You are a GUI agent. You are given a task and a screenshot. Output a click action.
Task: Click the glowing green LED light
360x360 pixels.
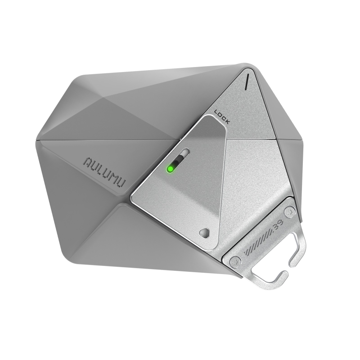click(171, 169)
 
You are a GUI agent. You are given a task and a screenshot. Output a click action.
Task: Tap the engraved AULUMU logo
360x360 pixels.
click(105, 172)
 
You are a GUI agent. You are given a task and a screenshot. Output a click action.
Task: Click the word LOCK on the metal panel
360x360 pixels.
click(221, 117)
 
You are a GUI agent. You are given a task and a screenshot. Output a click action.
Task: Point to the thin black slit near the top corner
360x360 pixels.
click(247, 81)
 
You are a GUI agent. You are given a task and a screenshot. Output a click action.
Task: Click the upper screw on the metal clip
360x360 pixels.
click(290, 211)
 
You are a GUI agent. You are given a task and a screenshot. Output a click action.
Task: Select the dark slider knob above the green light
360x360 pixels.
click(177, 162)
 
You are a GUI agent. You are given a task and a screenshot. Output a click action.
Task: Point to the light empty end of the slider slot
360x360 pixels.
click(185, 152)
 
